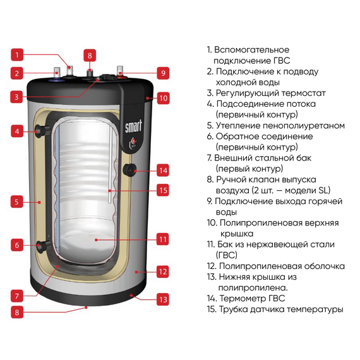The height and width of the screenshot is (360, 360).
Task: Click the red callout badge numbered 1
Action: (18, 54)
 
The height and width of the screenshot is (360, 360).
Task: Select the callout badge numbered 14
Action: (162, 170)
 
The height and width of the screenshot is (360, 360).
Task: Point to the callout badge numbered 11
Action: (162, 239)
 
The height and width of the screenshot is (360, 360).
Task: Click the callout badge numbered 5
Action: (18, 203)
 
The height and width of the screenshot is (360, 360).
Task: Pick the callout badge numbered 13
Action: (162, 299)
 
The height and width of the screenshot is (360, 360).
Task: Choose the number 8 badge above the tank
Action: (90, 55)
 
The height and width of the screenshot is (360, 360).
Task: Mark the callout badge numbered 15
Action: (162, 189)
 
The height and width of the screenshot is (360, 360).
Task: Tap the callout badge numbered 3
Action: (18, 97)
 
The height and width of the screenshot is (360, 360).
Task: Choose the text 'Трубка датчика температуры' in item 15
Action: (281, 309)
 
